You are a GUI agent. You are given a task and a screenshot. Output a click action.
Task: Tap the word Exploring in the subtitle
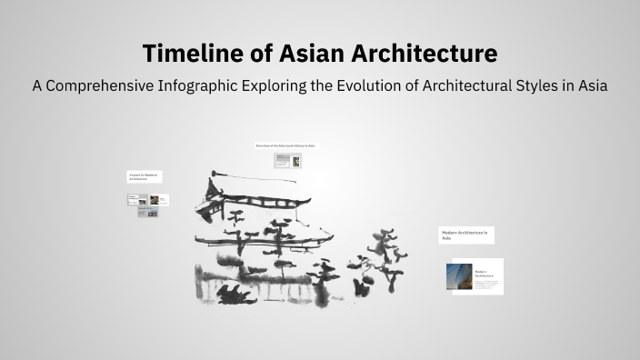tap(288, 85)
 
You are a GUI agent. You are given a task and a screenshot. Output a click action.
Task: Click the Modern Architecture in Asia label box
tap(465, 235)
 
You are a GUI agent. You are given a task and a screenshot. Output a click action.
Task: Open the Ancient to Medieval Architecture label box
tap(144, 176)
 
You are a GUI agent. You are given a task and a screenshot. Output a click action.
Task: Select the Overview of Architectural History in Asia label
tap(285, 145)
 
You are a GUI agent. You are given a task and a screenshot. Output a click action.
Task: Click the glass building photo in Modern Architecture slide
tap(459, 276)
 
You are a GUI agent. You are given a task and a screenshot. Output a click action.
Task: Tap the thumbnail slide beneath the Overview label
tap(287, 160)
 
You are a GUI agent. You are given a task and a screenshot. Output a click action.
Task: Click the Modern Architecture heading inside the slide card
tap(482, 273)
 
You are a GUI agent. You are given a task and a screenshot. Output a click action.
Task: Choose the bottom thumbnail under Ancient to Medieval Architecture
tap(147, 213)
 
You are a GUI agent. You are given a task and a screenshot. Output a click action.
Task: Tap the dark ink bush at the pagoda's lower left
tap(235, 293)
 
